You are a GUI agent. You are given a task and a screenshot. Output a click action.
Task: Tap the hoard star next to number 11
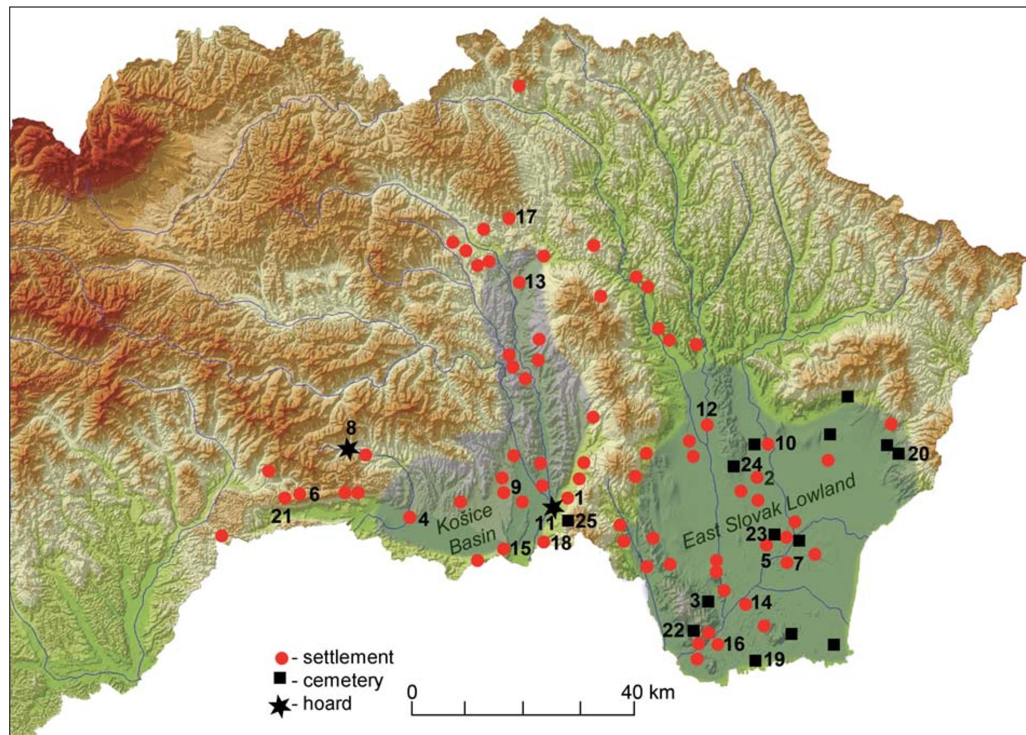click(x=552, y=507)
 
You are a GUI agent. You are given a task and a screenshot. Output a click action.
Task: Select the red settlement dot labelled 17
click(x=509, y=218)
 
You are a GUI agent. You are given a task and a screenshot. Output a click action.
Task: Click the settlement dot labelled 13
click(x=519, y=282)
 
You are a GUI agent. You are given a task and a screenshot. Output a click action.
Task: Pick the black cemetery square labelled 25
click(x=568, y=521)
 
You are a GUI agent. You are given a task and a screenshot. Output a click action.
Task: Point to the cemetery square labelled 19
click(x=756, y=660)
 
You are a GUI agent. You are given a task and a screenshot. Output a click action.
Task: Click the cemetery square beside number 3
click(x=709, y=601)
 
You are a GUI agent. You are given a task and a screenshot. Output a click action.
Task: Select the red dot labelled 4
click(x=410, y=518)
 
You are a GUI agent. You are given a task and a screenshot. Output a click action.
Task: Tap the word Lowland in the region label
click(x=820, y=492)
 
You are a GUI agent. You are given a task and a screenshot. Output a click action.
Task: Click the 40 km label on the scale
click(x=648, y=692)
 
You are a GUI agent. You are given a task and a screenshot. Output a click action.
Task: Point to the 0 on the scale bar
click(x=412, y=692)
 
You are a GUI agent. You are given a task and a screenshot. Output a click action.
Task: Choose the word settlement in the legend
click(x=348, y=657)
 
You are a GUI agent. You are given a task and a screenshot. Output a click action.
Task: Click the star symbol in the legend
click(x=280, y=705)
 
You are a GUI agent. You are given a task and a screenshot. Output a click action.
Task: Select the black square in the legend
click(x=280, y=677)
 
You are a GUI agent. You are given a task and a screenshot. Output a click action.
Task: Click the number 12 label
click(x=706, y=410)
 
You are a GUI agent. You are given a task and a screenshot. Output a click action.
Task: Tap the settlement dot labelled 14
click(x=745, y=604)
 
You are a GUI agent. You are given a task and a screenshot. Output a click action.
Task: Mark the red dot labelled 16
click(x=718, y=644)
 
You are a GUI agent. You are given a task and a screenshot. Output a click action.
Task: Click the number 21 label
click(x=281, y=516)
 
